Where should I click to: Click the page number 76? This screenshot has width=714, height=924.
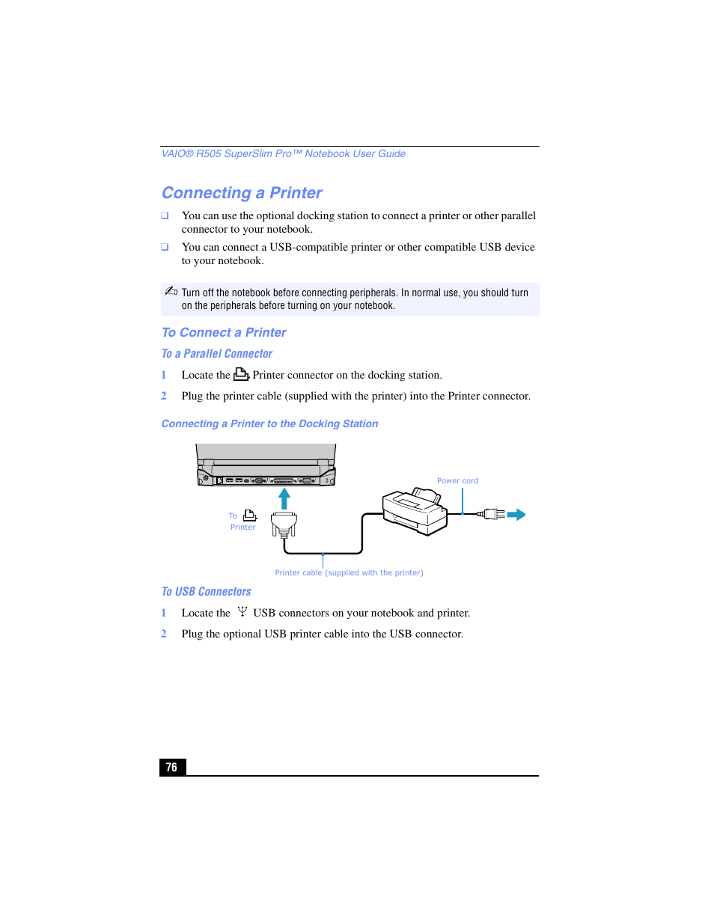(x=171, y=767)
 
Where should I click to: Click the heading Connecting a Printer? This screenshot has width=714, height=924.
(x=242, y=193)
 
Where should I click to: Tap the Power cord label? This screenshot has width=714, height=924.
(x=457, y=481)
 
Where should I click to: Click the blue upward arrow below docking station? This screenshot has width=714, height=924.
(x=284, y=498)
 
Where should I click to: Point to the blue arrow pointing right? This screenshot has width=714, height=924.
(x=516, y=515)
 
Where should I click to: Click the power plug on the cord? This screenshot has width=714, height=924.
(x=491, y=514)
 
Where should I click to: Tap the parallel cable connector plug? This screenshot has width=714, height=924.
(x=284, y=524)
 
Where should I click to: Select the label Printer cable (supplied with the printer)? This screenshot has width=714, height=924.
(x=349, y=573)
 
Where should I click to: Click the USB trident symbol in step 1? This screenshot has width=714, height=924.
(x=242, y=611)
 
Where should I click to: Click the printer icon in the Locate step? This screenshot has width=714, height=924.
(x=241, y=374)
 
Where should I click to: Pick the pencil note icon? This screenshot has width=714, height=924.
(x=171, y=291)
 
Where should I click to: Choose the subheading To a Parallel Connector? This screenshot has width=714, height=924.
(x=217, y=354)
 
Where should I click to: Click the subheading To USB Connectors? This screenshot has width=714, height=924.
(x=207, y=592)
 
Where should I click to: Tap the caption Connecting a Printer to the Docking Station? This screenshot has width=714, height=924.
(x=269, y=424)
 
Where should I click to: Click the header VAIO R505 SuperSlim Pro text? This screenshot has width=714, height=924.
(x=284, y=154)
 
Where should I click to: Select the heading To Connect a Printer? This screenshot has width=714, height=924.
(x=224, y=333)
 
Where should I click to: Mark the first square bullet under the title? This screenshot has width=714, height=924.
(x=165, y=215)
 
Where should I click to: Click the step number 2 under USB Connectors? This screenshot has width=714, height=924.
(x=164, y=634)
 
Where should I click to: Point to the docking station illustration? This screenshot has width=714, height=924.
(x=266, y=465)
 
